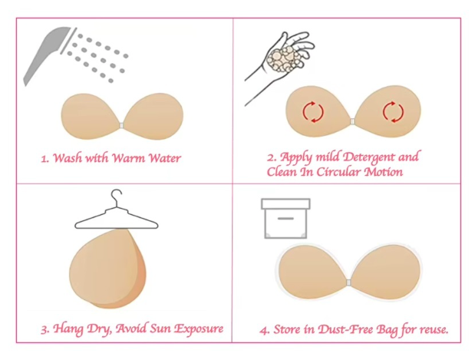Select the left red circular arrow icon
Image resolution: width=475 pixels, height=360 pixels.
(x=313, y=112)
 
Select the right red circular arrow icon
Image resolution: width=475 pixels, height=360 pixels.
(x=393, y=112)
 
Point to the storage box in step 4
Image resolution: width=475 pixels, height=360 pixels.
(x=285, y=219)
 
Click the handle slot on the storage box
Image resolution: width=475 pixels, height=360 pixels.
(x=285, y=218)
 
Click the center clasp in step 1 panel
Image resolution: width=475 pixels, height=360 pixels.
(x=122, y=123)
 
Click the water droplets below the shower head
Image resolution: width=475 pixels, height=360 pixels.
(x=97, y=54)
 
